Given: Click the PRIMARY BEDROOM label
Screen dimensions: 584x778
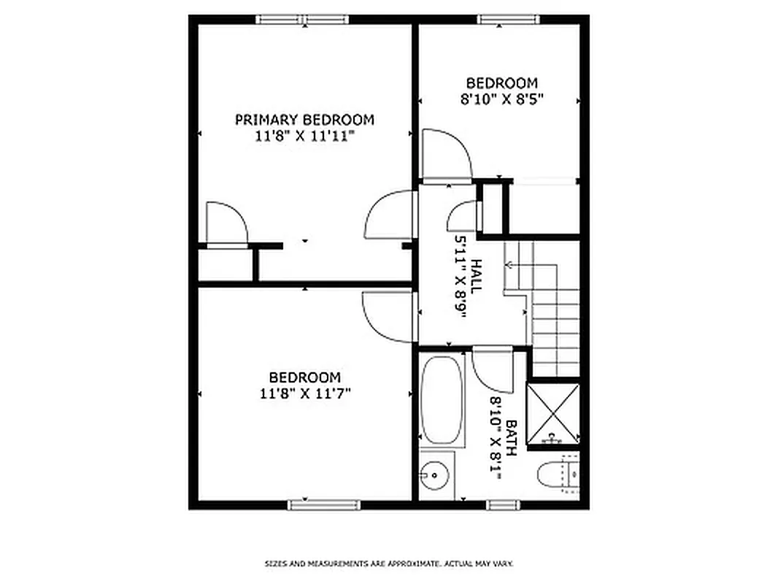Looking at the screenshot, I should (304, 120).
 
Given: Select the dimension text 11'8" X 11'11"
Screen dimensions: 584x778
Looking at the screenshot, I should (304, 136).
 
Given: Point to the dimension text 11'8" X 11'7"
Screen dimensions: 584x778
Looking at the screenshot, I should (304, 393).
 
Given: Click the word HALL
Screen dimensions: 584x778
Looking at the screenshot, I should (476, 277).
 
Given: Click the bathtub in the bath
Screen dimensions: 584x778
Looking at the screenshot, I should (442, 399).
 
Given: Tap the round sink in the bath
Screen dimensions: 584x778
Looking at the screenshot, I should (436, 475).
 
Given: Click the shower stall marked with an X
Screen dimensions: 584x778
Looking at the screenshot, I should (553, 413).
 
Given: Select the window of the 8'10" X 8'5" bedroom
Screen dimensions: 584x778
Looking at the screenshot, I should (509, 20).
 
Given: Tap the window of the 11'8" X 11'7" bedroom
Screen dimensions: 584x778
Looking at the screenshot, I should (324, 504).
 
